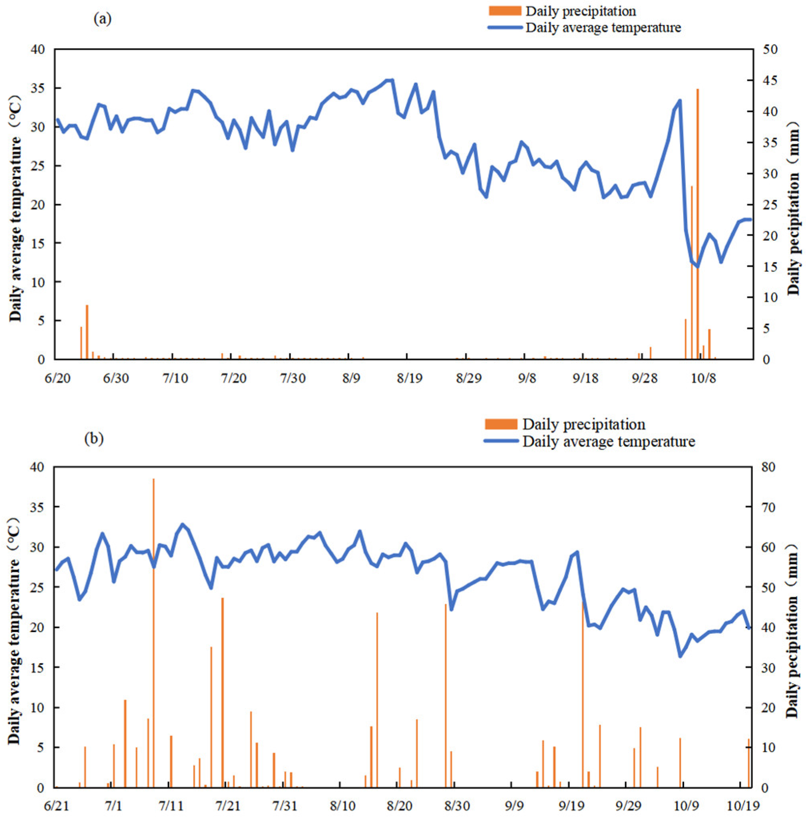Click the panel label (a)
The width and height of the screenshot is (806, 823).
[x=102, y=19]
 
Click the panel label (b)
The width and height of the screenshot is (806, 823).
[x=94, y=438]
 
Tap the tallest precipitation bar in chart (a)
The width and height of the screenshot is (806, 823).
[x=698, y=224]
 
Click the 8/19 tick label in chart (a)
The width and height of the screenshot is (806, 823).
[x=409, y=378]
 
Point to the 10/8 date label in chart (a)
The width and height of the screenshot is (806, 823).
[x=703, y=378]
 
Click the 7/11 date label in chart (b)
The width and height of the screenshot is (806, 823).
[x=171, y=806]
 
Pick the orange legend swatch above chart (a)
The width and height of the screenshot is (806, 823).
[x=505, y=10]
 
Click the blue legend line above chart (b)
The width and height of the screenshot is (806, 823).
[x=501, y=441]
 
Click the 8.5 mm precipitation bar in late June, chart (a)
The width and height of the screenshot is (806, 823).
[x=87, y=332]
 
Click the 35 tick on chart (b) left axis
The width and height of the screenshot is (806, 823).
[x=38, y=507]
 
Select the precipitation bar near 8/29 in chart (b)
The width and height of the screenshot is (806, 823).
[x=445, y=696]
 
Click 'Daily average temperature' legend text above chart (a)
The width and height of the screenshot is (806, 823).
[x=603, y=28]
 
